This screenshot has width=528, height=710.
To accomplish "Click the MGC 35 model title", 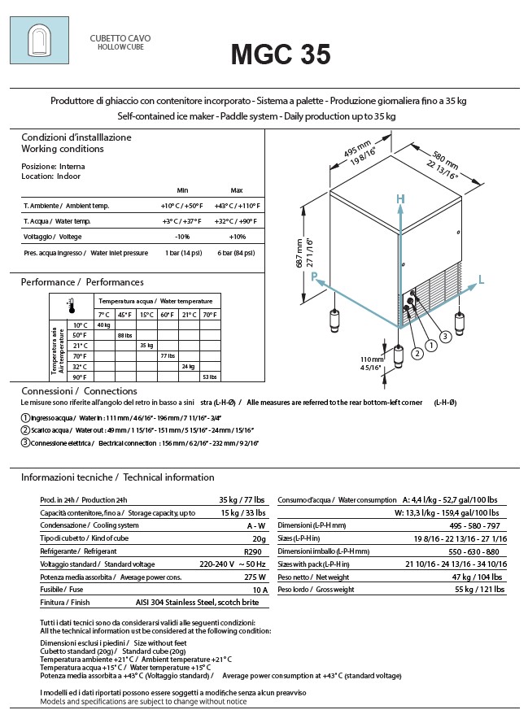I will (x=280, y=54).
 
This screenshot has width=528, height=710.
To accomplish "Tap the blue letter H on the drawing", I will (x=399, y=199).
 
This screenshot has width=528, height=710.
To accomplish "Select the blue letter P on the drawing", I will (x=314, y=277).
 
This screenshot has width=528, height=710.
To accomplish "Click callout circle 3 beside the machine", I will (x=468, y=336).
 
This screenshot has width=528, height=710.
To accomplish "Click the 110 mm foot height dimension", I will (x=372, y=363).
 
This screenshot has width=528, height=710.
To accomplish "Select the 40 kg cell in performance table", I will (x=103, y=325).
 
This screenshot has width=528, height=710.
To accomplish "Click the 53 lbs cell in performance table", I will (x=209, y=377).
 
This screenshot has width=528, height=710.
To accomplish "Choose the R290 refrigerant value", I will (x=257, y=551).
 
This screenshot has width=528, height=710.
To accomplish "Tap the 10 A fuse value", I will (x=259, y=590).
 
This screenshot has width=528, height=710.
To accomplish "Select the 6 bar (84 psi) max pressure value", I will (x=237, y=253).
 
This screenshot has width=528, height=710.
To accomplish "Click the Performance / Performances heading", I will (x=82, y=282).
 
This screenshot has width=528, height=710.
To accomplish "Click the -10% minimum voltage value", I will (x=181, y=237).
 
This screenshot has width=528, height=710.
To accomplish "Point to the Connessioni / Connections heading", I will (x=68, y=391).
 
